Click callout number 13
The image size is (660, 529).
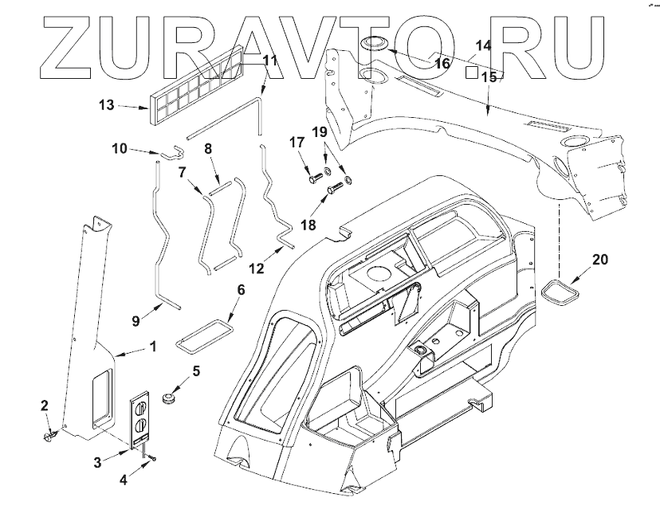click(107, 104)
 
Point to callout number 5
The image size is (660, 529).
click(196, 370)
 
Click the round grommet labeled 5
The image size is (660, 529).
click(169, 396)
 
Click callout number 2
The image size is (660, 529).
click(45, 406)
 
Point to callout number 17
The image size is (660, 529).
click(297, 143)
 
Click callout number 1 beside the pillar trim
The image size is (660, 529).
click(152, 347)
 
